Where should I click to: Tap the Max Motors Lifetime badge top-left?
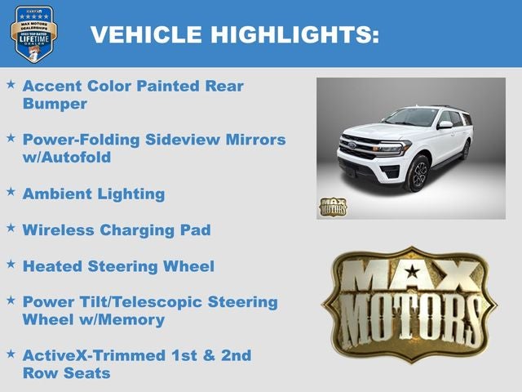click(33, 33)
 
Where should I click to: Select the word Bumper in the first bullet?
click(55, 104)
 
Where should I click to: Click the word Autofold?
click(86, 158)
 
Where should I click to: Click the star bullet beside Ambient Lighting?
click(11, 191)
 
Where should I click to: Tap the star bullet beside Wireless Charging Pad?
click(11, 227)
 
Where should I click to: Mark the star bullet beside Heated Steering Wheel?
click(11, 263)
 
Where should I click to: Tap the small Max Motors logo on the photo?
click(333, 207)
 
